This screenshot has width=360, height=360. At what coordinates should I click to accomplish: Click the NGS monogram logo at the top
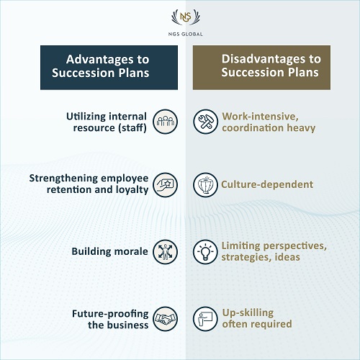(x=186, y=17)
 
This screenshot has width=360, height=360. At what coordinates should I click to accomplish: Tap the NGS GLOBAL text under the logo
(x=186, y=34)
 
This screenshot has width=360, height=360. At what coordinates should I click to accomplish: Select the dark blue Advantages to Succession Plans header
(x=109, y=68)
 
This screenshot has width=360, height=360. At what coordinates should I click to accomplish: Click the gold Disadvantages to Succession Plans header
(x=261, y=68)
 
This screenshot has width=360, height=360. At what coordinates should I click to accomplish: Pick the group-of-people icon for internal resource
(x=165, y=122)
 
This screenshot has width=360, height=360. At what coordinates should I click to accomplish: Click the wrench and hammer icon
(x=205, y=122)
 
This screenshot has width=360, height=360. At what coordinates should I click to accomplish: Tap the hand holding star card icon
(x=165, y=185)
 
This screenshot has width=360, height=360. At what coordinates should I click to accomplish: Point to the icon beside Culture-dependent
(x=205, y=185)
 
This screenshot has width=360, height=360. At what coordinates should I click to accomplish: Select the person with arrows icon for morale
(x=165, y=252)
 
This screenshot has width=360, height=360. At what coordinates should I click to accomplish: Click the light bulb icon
(x=205, y=252)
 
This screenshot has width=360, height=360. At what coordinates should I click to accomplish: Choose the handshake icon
(x=165, y=319)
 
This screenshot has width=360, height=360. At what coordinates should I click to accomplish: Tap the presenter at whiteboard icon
(x=205, y=319)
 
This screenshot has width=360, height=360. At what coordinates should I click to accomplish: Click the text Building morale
(x=109, y=251)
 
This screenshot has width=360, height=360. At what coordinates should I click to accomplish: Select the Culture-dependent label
(x=267, y=184)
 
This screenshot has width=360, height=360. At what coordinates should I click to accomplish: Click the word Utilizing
(x=86, y=117)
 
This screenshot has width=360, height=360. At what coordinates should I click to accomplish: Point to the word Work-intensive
(x=260, y=117)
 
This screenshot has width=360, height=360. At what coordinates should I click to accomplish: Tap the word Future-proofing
(x=110, y=314)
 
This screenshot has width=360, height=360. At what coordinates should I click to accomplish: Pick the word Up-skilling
(x=248, y=312)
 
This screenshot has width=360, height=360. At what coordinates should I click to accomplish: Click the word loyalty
(x=132, y=190)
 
